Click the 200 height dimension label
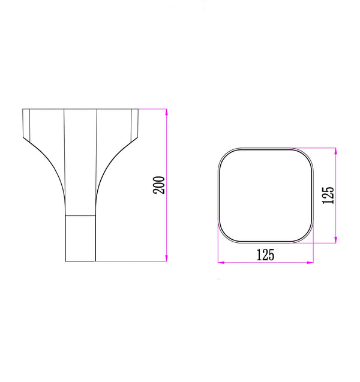(x=159, y=185)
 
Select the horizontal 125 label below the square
(x=265, y=254)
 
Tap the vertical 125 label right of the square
(x=328, y=195)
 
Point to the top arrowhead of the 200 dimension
(x=166, y=111)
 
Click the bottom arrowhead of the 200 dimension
(x=166, y=259)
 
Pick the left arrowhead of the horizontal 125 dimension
(x=220, y=262)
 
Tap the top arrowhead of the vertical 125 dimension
(x=334, y=150)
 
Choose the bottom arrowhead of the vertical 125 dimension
(x=334, y=240)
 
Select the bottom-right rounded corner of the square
(x=307, y=237)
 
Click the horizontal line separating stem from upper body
(x=80, y=215)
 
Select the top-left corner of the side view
(x=23, y=109)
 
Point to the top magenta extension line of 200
(x=153, y=109)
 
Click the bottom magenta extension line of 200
(x=132, y=261)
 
